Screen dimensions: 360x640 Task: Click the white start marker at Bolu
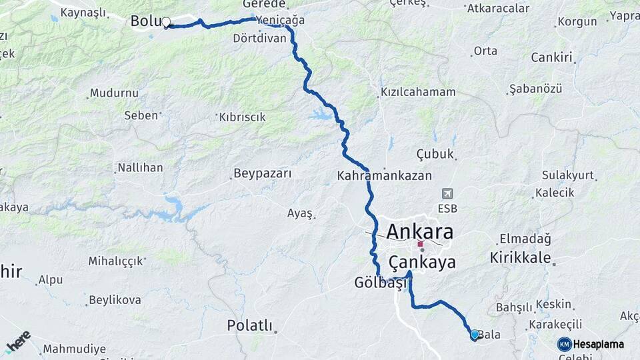coord(166,22)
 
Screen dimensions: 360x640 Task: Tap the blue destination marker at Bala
coord(475,335)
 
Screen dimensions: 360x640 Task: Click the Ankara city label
coord(420,232)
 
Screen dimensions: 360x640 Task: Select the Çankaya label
coord(422,261)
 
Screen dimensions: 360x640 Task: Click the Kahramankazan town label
coord(385,176)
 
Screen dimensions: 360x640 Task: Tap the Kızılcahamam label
coord(418,92)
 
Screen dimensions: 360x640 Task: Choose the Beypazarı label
coord(263,174)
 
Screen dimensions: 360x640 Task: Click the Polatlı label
coord(250,325)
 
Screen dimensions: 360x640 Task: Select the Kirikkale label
coord(520,257)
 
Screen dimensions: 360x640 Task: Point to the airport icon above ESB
coord(447,193)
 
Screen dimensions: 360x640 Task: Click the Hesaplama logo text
coord(598,344)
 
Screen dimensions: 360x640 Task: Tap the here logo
coord(18,341)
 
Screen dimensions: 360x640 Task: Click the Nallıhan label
coord(140,167)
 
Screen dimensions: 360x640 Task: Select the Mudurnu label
coord(114,93)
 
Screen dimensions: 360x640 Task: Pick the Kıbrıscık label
coord(242,117)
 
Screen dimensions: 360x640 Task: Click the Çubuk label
coord(435,154)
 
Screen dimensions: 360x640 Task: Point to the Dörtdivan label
coord(259,38)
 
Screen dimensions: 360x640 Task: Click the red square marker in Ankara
coord(420,244)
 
